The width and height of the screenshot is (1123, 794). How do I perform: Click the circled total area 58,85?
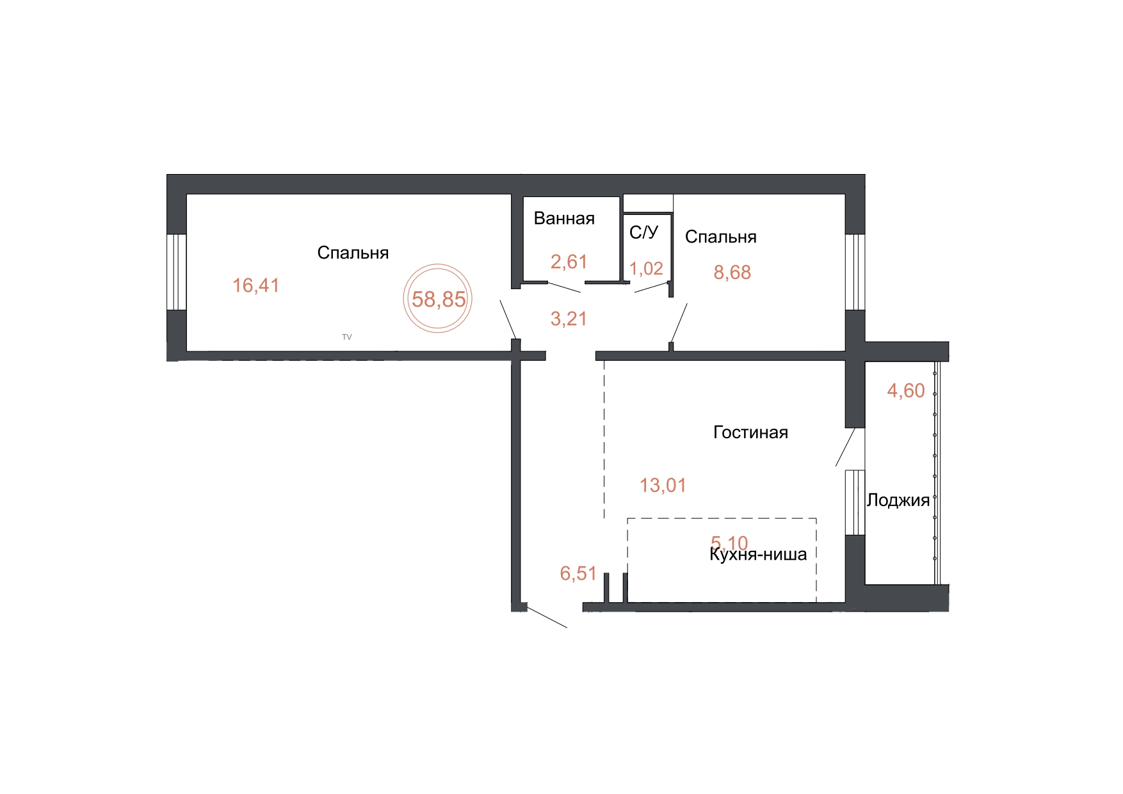point(439,299)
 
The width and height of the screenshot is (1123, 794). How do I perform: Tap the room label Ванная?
point(564,218)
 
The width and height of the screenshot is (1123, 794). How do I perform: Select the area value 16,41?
point(256,285)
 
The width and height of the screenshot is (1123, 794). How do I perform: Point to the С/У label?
point(643,232)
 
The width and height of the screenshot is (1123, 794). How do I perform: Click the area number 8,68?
point(732,273)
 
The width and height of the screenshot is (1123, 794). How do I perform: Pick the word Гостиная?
point(750,433)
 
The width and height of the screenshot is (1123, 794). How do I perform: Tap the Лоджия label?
point(898,500)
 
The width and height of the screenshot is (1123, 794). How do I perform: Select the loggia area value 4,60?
point(906,390)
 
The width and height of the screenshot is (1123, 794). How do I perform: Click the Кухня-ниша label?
point(758,554)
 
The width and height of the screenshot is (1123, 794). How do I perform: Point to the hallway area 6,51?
point(578,573)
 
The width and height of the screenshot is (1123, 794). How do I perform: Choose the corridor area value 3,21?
point(569,319)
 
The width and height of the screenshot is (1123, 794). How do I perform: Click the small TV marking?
point(347,337)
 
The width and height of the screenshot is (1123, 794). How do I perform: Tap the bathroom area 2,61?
point(569,262)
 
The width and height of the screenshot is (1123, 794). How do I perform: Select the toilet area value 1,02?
point(646,269)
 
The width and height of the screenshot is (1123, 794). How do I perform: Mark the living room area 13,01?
point(663,486)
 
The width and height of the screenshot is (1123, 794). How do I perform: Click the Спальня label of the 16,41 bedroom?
point(353,253)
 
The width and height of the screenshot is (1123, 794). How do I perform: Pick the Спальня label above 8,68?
point(721,237)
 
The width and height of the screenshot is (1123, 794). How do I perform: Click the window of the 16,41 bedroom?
point(177,272)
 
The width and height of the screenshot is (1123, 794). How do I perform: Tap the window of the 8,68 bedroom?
point(855,272)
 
